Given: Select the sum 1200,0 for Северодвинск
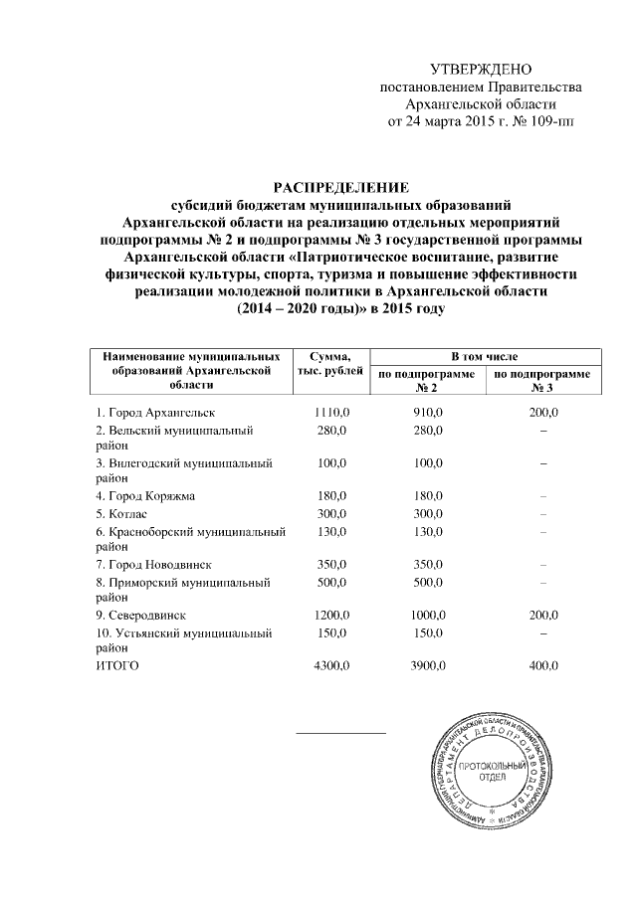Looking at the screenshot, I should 329,617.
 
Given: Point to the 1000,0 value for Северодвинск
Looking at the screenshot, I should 429,617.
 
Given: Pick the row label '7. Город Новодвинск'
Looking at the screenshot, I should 151,565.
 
